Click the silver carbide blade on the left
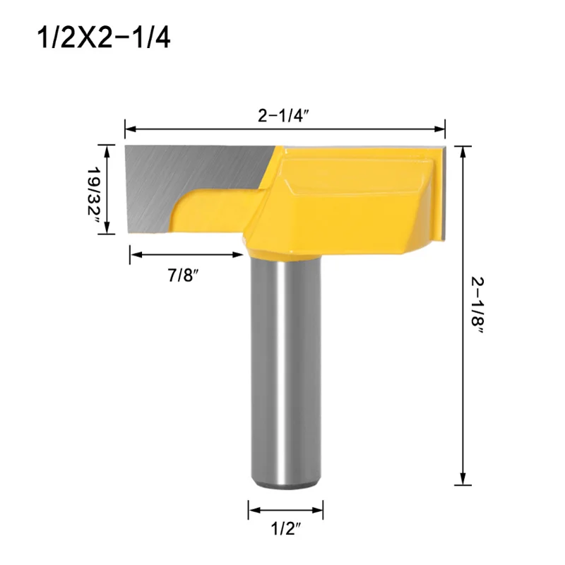tap(191, 177)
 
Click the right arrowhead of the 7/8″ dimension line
tap(238, 254)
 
